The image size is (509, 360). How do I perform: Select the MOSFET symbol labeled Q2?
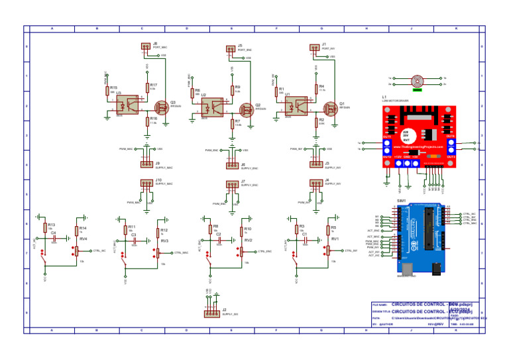(245, 107)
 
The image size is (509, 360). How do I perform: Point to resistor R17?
(146, 87)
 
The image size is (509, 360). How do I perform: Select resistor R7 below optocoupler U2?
(231, 123)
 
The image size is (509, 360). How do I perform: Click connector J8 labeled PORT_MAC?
(146, 46)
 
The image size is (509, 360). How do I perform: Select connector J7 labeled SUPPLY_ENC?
(231, 184)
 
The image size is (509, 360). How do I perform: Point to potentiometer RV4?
(76, 251)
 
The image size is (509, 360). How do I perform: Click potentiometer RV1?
(328, 251)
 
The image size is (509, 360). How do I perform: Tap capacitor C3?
(134, 239)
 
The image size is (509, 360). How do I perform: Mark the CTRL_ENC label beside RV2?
(265, 252)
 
